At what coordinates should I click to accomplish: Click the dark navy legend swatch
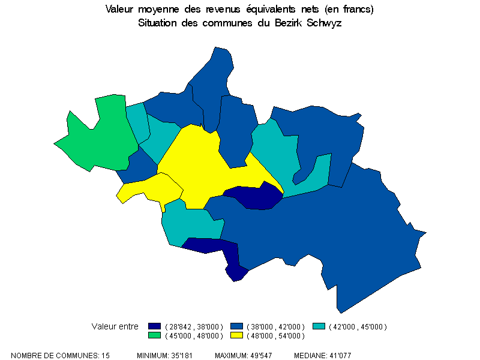(x=155, y=326)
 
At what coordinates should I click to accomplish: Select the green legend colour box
(x=155, y=335)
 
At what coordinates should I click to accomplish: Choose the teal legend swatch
(x=319, y=326)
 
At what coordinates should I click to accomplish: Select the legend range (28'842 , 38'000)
(x=193, y=326)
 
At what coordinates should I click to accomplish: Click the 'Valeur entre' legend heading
(x=115, y=326)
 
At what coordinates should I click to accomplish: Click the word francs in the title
(x=356, y=10)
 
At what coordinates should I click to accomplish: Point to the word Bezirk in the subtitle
(x=289, y=23)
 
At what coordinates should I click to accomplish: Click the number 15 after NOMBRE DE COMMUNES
(x=106, y=356)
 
